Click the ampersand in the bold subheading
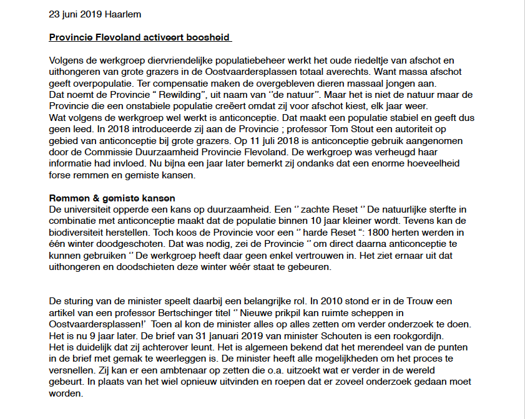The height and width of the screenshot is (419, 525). coord(85,198)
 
